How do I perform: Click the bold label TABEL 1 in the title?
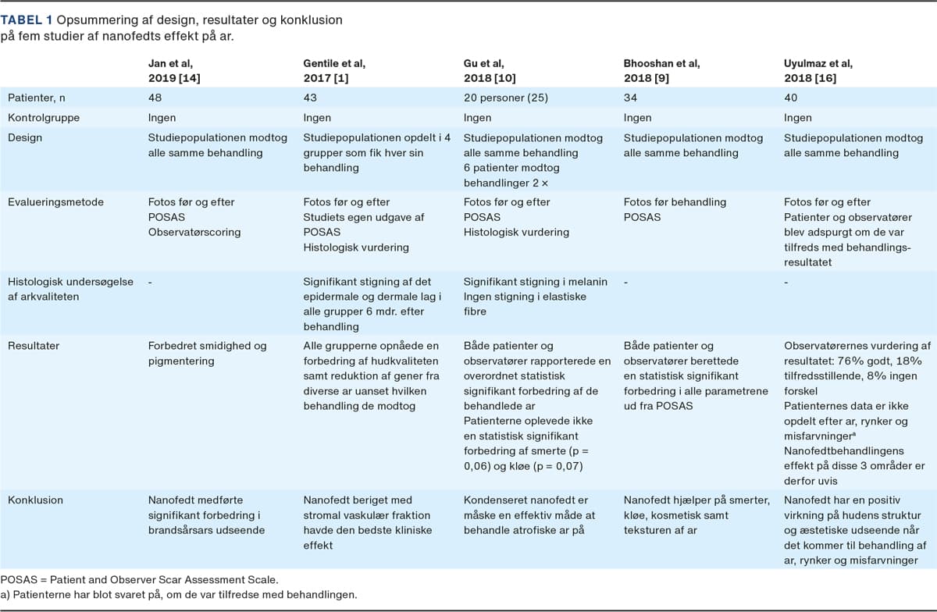[x=28, y=20]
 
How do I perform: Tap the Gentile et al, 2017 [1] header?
[x=333, y=70]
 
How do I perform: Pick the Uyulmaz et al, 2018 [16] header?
[x=818, y=70]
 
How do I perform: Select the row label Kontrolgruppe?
[x=44, y=118]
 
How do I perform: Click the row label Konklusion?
[x=35, y=500]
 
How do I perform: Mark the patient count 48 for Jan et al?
[x=155, y=98]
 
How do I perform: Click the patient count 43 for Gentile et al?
[x=310, y=98]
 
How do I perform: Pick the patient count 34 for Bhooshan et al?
[x=631, y=98]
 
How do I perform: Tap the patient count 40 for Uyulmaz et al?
[x=791, y=98]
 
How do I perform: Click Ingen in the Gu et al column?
[x=478, y=118]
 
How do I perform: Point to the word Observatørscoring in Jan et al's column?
[x=195, y=232]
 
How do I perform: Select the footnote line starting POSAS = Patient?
[x=139, y=580]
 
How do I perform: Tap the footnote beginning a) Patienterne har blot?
[x=179, y=595]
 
